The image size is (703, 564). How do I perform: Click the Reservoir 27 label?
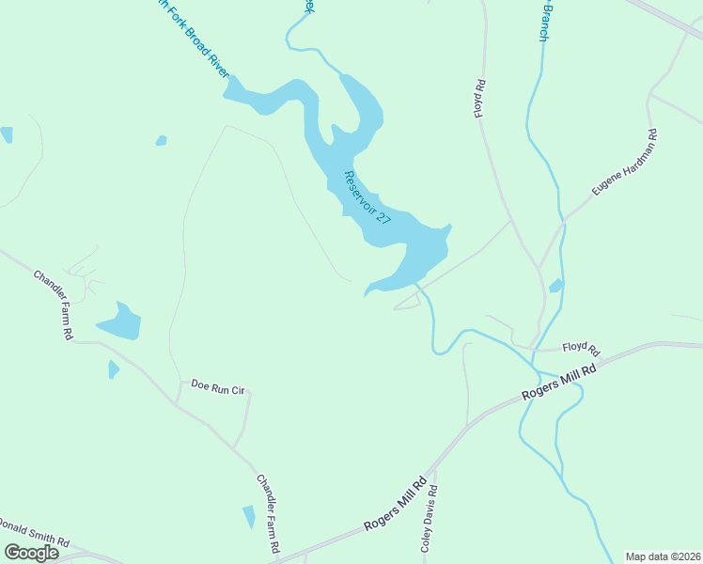[367, 197]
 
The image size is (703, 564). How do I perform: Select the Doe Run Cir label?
[217, 385]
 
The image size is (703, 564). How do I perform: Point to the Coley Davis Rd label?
[429, 517]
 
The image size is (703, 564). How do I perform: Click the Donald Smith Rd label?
[36, 533]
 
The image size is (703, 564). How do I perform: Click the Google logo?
[31, 553]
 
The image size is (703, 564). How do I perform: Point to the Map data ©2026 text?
[663, 556]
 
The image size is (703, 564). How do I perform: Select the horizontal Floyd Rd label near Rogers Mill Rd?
[581, 348]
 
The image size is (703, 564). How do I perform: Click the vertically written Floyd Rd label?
[479, 98]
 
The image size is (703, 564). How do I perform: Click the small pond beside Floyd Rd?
[556, 286]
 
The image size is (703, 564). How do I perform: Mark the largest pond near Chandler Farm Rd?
[120, 323]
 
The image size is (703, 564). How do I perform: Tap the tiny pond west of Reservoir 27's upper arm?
[162, 141]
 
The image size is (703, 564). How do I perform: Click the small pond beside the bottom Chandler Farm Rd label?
[249, 517]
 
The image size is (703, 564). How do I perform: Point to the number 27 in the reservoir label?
[382, 216]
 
